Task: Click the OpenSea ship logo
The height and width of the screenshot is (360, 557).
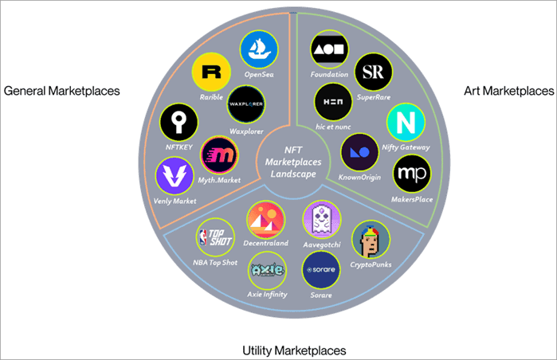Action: pyautogui.click(x=260, y=49)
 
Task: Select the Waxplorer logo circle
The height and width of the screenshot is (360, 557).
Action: pyautogui.click(x=246, y=104)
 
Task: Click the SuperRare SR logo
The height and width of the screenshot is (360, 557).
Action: pyautogui.click(x=373, y=73)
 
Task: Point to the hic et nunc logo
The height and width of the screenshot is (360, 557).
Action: pyautogui.click(x=333, y=102)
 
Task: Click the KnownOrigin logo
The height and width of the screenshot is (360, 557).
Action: pyautogui.click(x=359, y=151)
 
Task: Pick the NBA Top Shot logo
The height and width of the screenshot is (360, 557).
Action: pyautogui.click(x=215, y=236)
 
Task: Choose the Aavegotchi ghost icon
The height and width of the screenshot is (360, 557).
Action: pyautogui.click(x=322, y=219)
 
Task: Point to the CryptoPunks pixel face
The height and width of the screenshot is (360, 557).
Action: pyautogui.click(x=371, y=239)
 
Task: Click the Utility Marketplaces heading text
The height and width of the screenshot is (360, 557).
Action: pyautogui.click(x=294, y=350)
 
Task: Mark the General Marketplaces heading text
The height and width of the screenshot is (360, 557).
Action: pyautogui.click(x=62, y=91)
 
